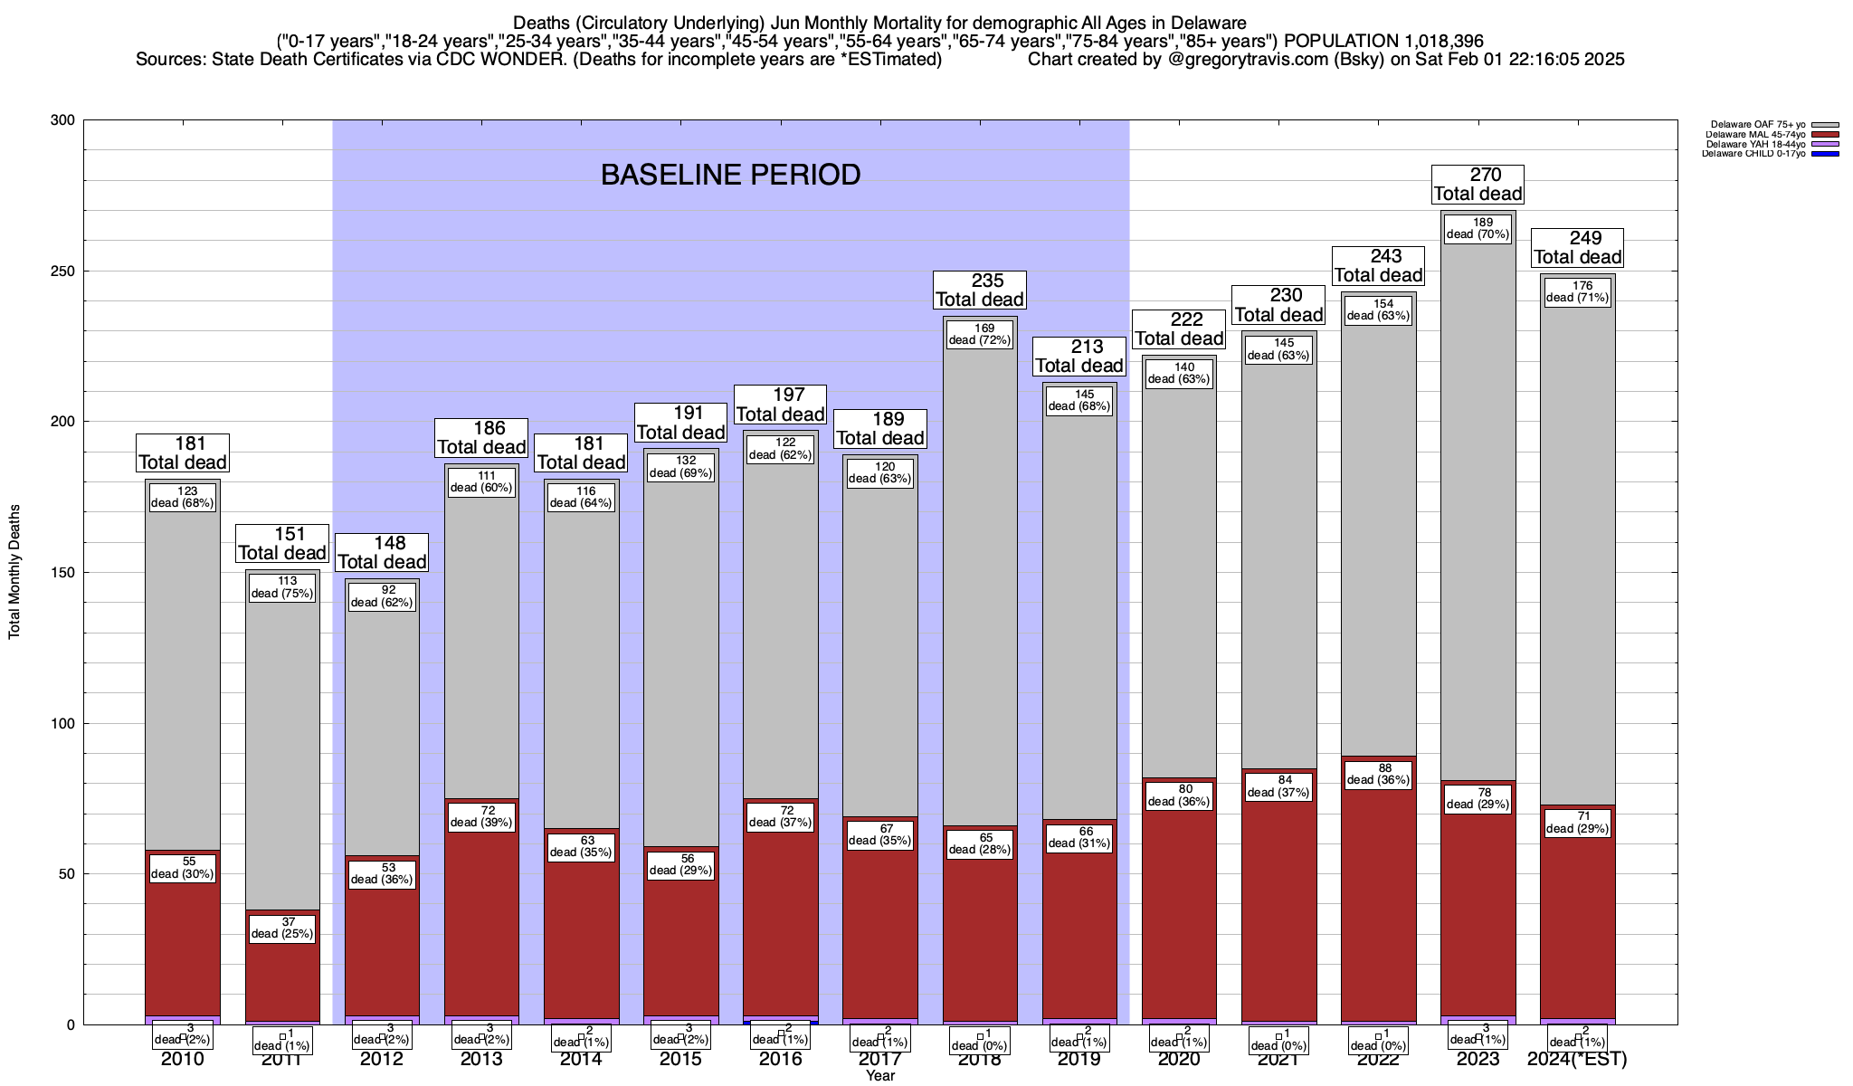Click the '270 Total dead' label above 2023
(x=1478, y=184)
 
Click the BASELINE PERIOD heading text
(x=730, y=175)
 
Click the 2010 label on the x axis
(x=183, y=1059)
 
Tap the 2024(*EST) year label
(x=1577, y=1059)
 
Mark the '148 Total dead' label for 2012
(x=381, y=552)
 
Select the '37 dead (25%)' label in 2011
(x=281, y=929)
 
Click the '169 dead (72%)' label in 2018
(x=979, y=335)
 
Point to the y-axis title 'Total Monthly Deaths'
(x=14, y=572)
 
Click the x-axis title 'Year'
(x=879, y=1075)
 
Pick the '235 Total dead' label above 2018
(x=980, y=290)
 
